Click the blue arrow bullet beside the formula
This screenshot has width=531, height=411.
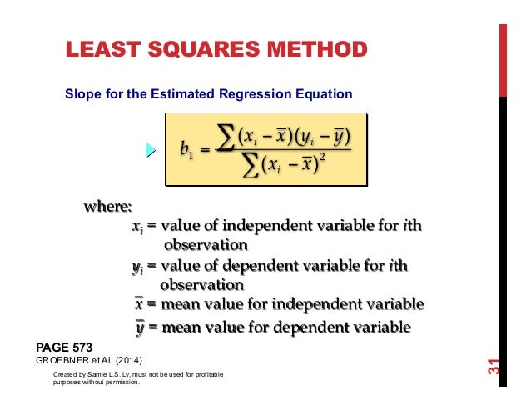[x=151, y=150]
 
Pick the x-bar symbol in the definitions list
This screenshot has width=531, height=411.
[x=139, y=303]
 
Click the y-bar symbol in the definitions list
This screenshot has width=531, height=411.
[x=139, y=327]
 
